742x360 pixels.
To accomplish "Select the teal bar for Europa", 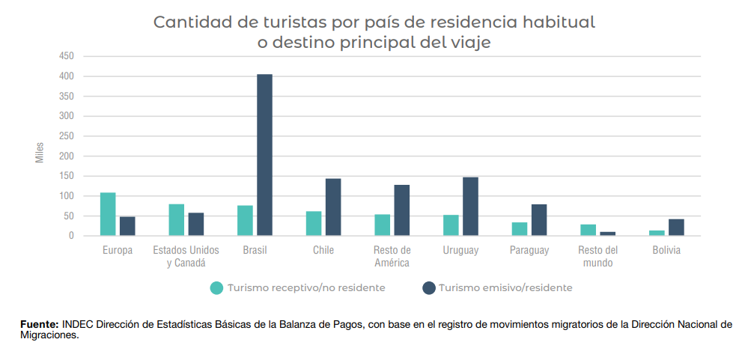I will [108, 214].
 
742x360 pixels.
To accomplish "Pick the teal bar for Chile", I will [314, 223].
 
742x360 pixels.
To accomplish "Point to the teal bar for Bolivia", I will [657, 233].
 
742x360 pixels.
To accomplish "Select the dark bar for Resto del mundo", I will [607, 234].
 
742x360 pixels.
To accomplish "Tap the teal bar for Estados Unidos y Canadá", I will [177, 220].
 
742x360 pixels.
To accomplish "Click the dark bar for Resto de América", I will [402, 210].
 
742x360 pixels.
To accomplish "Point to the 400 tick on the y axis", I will [67, 76].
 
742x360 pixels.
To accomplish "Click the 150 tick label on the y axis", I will [67, 176].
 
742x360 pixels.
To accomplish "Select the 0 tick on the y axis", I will [71, 236].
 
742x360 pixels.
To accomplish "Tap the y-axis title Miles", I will [40, 152].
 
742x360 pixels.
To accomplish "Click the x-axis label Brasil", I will [255, 251].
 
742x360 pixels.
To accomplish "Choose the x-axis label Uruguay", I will [460, 251].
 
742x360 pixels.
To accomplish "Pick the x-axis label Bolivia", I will [666, 251].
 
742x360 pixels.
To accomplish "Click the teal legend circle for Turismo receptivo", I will [217, 287].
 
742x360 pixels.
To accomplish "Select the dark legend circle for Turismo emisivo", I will [429, 287].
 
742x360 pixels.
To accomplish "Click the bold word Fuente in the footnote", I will [39, 324].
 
